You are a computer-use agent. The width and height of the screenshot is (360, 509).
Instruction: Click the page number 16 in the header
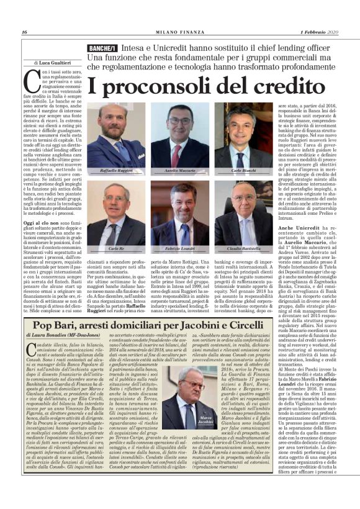tap(24, 33)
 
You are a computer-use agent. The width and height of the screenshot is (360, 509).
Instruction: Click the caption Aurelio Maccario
tap(181, 170)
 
